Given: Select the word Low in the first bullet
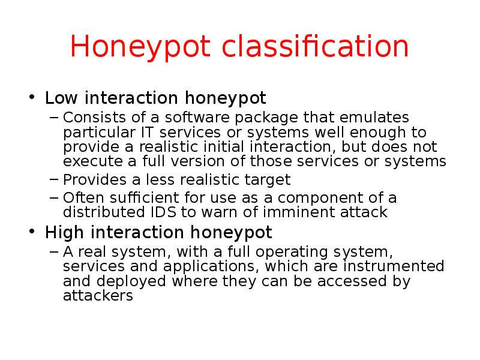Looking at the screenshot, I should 59,97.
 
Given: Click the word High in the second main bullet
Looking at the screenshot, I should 62,232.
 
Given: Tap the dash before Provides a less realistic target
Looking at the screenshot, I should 54,180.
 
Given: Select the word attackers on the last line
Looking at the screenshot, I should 98,296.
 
